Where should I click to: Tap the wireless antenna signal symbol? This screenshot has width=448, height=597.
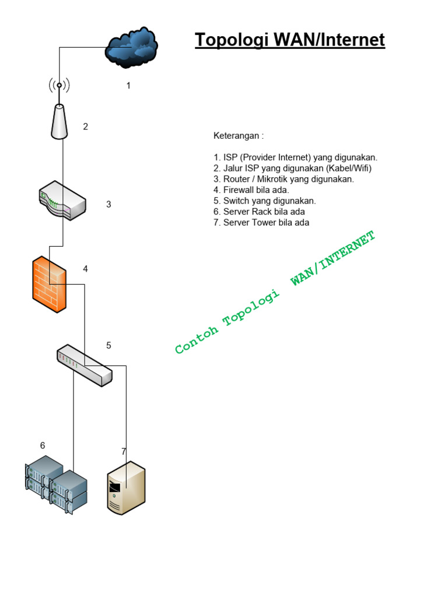coord(59,85)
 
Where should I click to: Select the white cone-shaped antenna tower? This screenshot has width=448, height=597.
coord(59,122)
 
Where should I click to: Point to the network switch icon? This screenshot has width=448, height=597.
coord(85,364)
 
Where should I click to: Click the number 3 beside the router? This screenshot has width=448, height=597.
coord(108,204)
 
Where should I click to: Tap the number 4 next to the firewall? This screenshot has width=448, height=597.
coord(85,269)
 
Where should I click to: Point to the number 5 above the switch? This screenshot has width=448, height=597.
coord(108,345)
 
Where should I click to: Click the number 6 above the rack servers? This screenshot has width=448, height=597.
coord(43,445)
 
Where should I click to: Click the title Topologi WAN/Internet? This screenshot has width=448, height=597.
coord(289,40)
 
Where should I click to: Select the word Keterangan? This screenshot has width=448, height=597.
coord(236,136)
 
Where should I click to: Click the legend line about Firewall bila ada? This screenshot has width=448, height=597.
coord(256,190)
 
